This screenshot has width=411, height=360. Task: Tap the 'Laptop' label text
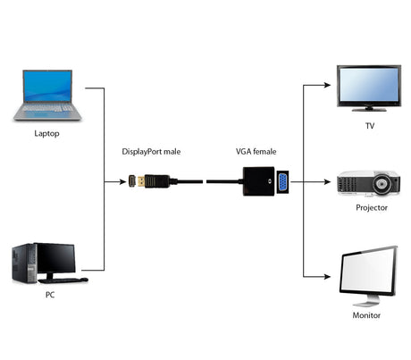48,134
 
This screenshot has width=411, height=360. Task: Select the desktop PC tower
22,264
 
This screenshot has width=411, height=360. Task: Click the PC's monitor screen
56,259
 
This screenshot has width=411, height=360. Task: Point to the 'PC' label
49,294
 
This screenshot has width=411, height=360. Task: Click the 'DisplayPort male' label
151,152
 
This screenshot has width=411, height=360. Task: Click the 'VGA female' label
255,152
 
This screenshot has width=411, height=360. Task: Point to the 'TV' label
369,127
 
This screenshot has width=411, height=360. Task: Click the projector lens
383,186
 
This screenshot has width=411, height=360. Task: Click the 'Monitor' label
365,314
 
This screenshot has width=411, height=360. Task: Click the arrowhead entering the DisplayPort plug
123,181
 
